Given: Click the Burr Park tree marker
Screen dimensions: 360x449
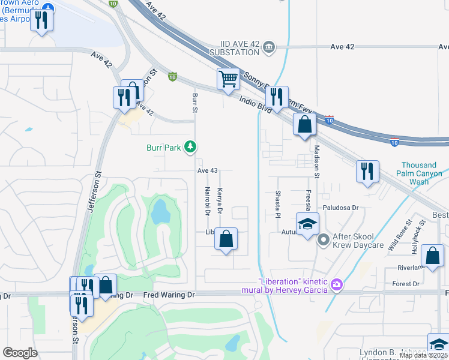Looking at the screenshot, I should pos(190,147).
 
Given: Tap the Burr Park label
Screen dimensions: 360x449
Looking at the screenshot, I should pos(164,147).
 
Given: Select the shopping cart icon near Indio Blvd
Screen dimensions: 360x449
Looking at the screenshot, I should pos(228,78).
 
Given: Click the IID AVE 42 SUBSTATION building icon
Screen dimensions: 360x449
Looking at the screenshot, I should pos(268,47).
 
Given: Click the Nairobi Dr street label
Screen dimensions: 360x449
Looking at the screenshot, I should pos(207,200).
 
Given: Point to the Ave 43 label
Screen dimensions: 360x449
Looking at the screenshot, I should pos(206,170).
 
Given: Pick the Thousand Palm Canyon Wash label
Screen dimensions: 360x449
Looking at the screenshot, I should pos(419,173).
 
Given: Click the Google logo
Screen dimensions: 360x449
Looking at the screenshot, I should pos(20,353).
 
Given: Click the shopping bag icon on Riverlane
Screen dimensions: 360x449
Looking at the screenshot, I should pos(432,255).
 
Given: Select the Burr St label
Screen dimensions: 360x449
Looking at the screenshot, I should pos(194,102).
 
